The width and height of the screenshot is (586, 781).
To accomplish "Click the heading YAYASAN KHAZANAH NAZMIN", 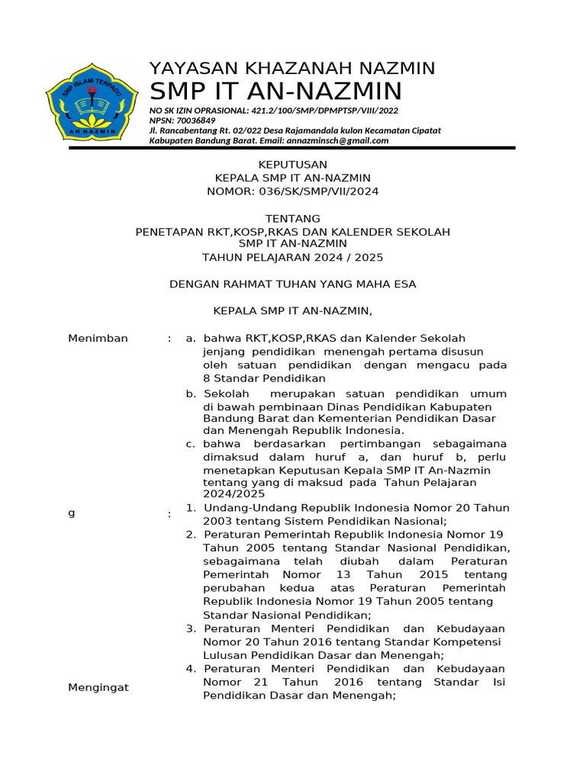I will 291,69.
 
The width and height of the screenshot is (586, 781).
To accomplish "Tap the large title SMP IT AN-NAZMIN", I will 275,92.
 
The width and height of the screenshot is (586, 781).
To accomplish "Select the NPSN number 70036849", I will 195,121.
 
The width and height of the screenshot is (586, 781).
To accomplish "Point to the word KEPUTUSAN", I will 292,165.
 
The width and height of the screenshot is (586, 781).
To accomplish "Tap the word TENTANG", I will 292,219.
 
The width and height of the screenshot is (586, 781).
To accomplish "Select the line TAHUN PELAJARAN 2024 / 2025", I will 292,258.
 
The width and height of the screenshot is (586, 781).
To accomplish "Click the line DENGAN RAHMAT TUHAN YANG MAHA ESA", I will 292,284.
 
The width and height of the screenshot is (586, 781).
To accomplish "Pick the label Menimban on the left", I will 98,339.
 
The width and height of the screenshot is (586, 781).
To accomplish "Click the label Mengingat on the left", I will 98,687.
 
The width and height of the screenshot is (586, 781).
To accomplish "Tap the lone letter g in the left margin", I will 72,513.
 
